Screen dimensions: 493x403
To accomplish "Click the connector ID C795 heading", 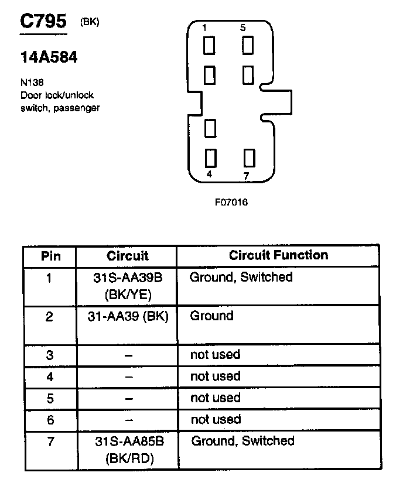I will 43,22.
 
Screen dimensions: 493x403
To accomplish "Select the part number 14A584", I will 49,58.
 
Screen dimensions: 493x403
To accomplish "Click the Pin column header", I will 50,256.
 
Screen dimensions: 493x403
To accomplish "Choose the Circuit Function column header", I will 278,255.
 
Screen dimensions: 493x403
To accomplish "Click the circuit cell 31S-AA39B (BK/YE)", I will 128,285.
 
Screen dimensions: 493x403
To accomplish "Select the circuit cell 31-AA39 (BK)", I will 128,316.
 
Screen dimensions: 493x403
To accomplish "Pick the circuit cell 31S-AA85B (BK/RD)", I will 129,450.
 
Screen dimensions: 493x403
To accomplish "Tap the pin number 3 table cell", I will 50,355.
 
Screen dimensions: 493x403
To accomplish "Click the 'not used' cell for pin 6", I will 216,419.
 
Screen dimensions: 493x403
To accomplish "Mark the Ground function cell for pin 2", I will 212,316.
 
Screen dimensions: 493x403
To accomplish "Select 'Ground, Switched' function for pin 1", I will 241,277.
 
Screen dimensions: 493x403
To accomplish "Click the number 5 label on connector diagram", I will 243,28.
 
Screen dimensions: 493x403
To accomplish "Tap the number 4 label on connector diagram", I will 209,174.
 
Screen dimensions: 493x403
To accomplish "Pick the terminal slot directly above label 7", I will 250,158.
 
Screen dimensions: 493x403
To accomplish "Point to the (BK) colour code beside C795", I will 90,22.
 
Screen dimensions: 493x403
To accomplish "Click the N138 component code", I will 32,83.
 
